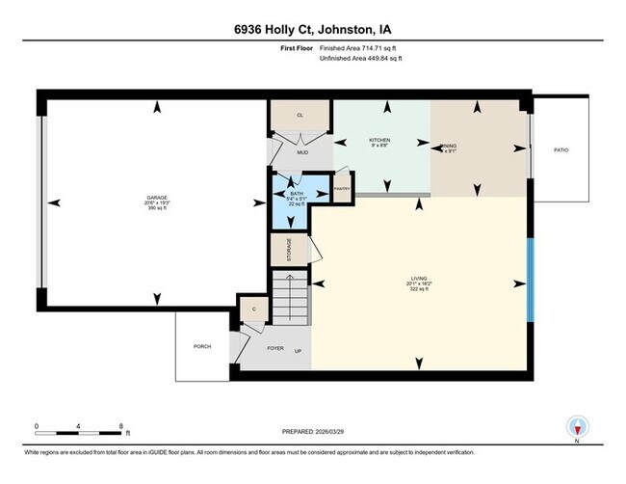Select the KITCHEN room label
tap(379, 141)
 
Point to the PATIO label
tap(560, 150)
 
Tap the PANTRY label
tap(342, 188)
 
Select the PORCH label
tap(202, 346)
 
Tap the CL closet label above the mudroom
tap(300, 116)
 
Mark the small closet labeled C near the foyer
tap(253, 309)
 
